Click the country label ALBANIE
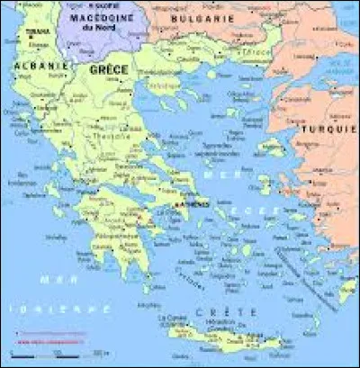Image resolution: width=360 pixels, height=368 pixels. (26, 67)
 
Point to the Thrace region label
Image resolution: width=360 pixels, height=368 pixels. (256, 51)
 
